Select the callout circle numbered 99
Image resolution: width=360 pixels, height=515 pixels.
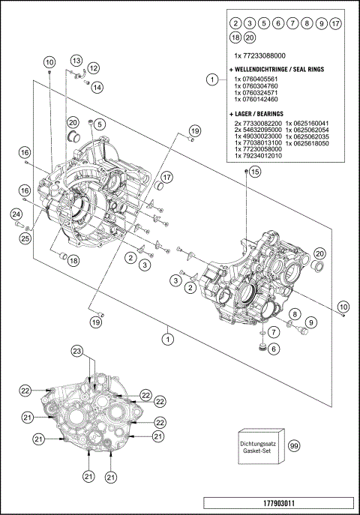(x=294, y=445)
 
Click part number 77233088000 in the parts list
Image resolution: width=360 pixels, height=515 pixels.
(x=259, y=56)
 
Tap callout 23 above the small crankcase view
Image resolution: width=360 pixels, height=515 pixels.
(x=76, y=352)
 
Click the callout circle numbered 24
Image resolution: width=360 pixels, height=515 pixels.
(x=15, y=215)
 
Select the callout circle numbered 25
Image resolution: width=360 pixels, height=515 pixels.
(x=25, y=238)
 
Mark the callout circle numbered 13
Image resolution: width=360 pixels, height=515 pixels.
(x=77, y=60)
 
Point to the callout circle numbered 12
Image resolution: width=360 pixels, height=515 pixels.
(x=95, y=69)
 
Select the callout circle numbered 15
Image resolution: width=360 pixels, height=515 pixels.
(x=255, y=172)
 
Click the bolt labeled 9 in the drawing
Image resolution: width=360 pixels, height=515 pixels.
(x=302, y=328)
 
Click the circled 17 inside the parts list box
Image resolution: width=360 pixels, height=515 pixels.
(x=335, y=23)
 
